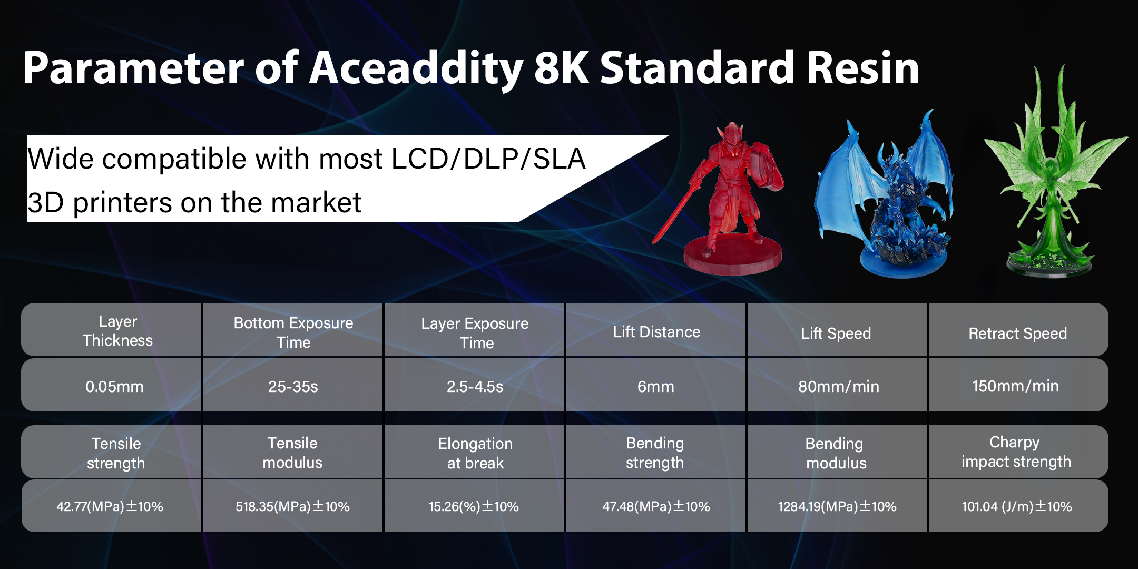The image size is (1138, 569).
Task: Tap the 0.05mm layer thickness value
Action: click(x=114, y=387)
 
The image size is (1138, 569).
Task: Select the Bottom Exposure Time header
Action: click(x=293, y=332)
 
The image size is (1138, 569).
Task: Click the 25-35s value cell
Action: click(x=293, y=387)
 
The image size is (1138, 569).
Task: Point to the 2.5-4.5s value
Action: click(x=475, y=387)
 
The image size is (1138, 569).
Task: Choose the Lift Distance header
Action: click(x=656, y=332)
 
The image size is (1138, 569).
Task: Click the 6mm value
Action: click(x=655, y=387)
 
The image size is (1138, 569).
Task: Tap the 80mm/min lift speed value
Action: click(x=838, y=387)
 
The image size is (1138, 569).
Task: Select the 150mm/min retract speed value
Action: click(x=1015, y=386)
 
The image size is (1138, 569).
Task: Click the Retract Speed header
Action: click(x=1017, y=333)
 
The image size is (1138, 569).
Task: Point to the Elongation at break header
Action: click(x=475, y=453)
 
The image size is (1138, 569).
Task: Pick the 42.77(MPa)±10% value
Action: click(x=110, y=506)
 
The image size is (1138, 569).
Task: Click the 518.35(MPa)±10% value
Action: click(x=292, y=506)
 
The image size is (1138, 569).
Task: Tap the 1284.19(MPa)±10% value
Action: click(x=837, y=506)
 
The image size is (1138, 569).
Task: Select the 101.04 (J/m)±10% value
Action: click(x=1017, y=506)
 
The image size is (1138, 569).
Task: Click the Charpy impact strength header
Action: click(x=1016, y=452)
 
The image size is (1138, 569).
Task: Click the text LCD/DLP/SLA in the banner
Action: click(x=488, y=159)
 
